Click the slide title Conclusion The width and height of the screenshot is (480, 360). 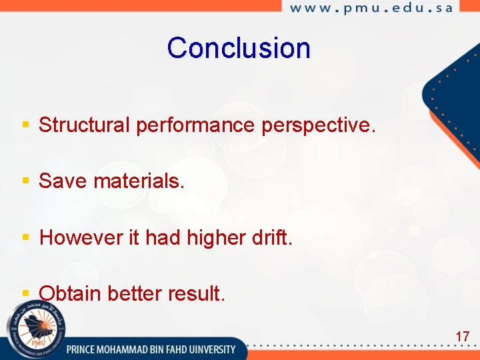(x=239, y=48)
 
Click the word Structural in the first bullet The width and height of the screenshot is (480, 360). (x=85, y=125)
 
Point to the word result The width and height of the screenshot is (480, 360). (x=201, y=293)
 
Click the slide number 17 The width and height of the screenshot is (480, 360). (x=462, y=337)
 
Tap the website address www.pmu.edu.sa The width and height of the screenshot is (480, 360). (x=371, y=8)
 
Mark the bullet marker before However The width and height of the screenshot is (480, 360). (x=26, y=237)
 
